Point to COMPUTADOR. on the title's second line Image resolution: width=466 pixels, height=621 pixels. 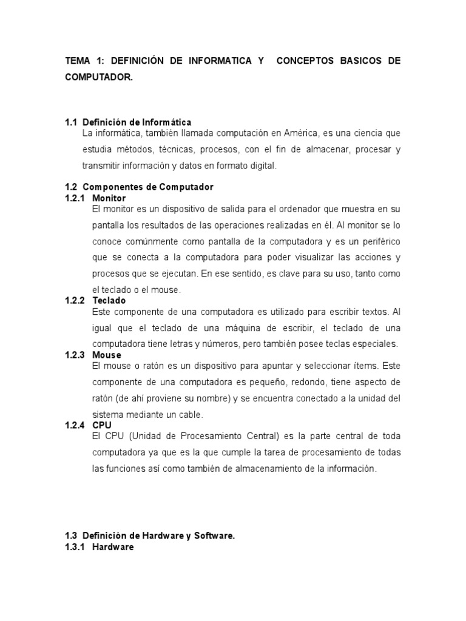coord(98,78)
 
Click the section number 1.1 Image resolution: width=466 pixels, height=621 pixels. coord(71,123)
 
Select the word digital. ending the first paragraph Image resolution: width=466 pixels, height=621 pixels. coord(262,166)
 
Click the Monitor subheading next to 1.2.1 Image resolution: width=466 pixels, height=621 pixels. coord(109,198)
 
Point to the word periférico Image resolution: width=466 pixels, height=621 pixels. coord(377,241)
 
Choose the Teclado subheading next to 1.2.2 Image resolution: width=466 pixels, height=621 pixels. coord(109,300)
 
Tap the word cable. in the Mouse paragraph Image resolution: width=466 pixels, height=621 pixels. coord(188,415)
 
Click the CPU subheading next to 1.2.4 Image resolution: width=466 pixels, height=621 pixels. coord(101,425)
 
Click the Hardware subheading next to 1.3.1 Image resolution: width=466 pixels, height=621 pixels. coord(113,546)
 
